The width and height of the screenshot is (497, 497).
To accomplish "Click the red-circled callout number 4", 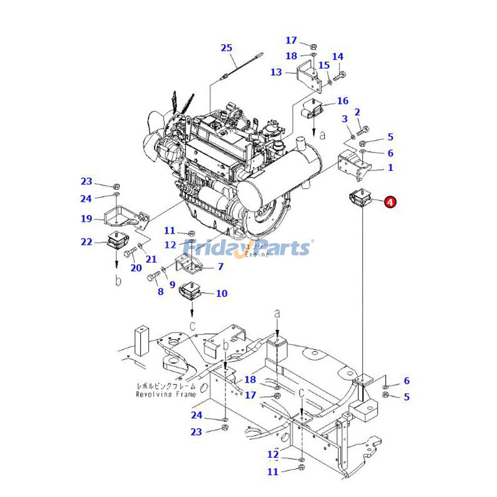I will (x=390, y=202).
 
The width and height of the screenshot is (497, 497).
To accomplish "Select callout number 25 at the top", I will (x=226, y=48).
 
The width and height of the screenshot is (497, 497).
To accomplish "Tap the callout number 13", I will (x=276, y=73).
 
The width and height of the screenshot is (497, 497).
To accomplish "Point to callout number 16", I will (x=342, y=101).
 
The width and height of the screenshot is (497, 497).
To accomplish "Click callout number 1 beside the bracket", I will (x=390, y=168).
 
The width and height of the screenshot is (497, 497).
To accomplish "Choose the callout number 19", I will (x=86, y=219).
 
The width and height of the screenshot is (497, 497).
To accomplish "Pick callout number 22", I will (x=86, y=242).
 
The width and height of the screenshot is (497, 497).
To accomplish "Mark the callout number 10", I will (x=222, y=293).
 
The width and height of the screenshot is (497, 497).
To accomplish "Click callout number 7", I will (x=220, y=267).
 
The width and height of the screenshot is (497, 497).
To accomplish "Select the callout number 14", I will (x=337, y=57).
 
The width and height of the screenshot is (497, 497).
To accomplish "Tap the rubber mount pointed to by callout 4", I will (x=357, y=201).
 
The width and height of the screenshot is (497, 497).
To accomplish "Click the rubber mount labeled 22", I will (x=117, y=240).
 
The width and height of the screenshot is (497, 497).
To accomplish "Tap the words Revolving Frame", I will (x=166, y=394).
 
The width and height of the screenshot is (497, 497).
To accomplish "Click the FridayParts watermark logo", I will (x=248, y=248).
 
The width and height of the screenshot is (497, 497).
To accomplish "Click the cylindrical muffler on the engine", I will (x=280, y=183).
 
